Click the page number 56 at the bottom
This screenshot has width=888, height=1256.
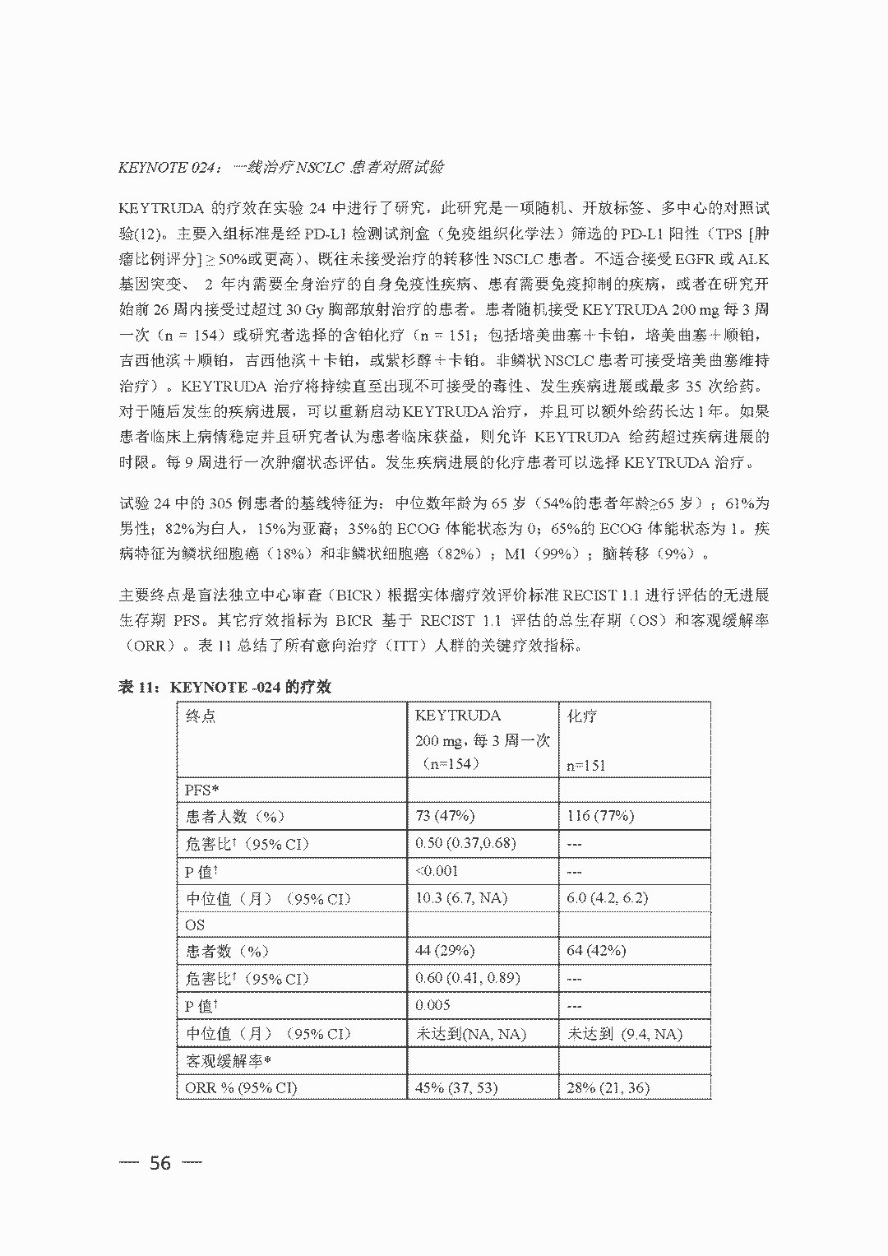[160, 1162]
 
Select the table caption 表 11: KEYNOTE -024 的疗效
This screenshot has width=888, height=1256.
[225, 687]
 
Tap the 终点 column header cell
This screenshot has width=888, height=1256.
[201, 716]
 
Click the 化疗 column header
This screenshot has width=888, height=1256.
[582, 716]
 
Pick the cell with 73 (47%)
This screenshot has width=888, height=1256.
[445, 816]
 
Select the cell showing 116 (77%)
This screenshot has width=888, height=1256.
[600, 816]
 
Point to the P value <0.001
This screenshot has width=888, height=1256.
[437, 870]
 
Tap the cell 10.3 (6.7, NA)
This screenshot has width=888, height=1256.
[461, 897]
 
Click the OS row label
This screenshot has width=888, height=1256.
[195, 925]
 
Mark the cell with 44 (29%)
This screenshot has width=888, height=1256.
[445, 951]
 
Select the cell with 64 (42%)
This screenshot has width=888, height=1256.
[596, 951]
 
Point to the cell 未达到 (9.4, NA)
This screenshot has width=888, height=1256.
[625, 1034]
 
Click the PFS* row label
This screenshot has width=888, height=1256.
[201, 790]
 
